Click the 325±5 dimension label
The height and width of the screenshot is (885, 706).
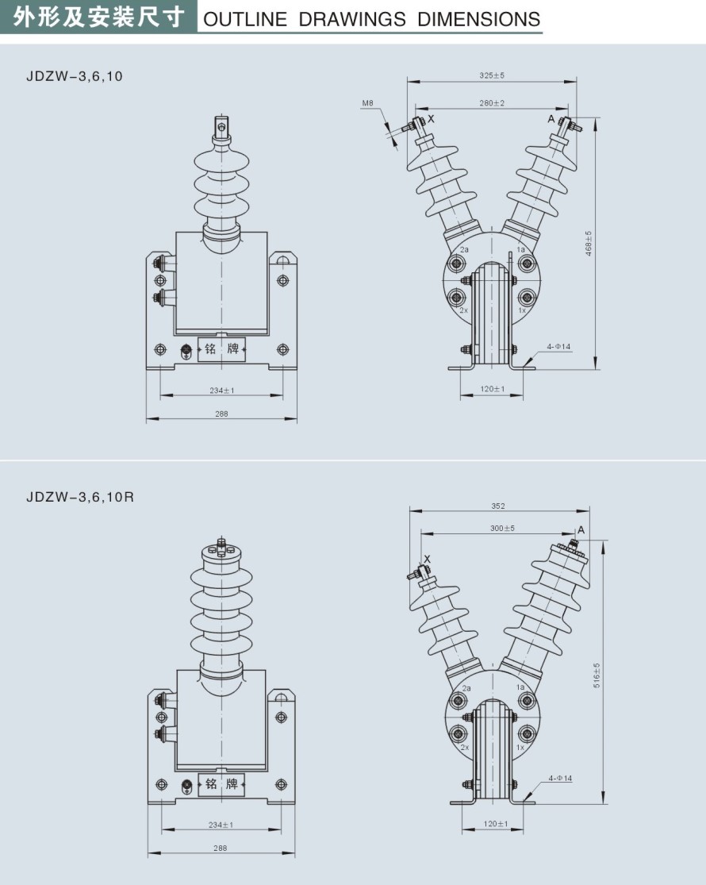[492, 75]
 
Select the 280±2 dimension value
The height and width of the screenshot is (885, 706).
[492, 103]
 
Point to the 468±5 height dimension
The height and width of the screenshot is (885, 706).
[588, 241]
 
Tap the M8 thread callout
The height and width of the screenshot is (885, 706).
[367, 103]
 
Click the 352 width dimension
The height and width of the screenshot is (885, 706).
[497, 505]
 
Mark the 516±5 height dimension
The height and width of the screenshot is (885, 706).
[597, 674]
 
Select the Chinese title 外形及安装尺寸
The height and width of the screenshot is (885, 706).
[99, 17]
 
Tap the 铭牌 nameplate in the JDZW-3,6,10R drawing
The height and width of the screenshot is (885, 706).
[221, 784]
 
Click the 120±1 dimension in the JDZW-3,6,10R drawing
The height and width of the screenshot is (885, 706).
[496, 824]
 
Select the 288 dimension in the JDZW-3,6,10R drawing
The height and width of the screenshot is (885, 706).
[221, 848]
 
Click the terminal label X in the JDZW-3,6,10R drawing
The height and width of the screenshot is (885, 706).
[427, 559]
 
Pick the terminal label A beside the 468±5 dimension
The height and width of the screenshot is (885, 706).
[551, 117]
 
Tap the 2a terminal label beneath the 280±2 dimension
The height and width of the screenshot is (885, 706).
[465, 249]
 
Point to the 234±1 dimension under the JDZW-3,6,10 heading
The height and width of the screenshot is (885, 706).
[222, 390]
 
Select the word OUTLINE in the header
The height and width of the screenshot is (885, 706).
[245, 19]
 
